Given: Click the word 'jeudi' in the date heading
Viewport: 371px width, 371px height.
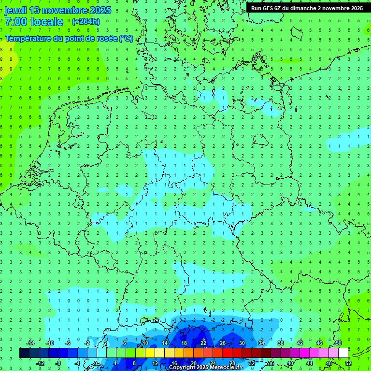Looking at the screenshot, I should (x=15, y=10).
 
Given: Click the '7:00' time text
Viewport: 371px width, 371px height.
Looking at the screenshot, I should (x=16, y=22).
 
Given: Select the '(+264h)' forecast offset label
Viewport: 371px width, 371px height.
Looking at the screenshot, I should (x=86, y=22).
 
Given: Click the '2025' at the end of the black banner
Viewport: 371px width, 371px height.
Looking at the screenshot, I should (x=356, y=8).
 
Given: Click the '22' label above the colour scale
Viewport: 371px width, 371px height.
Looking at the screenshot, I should (x=203, y=343).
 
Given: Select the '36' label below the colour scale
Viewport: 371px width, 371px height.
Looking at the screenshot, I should (x=271, y=363).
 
